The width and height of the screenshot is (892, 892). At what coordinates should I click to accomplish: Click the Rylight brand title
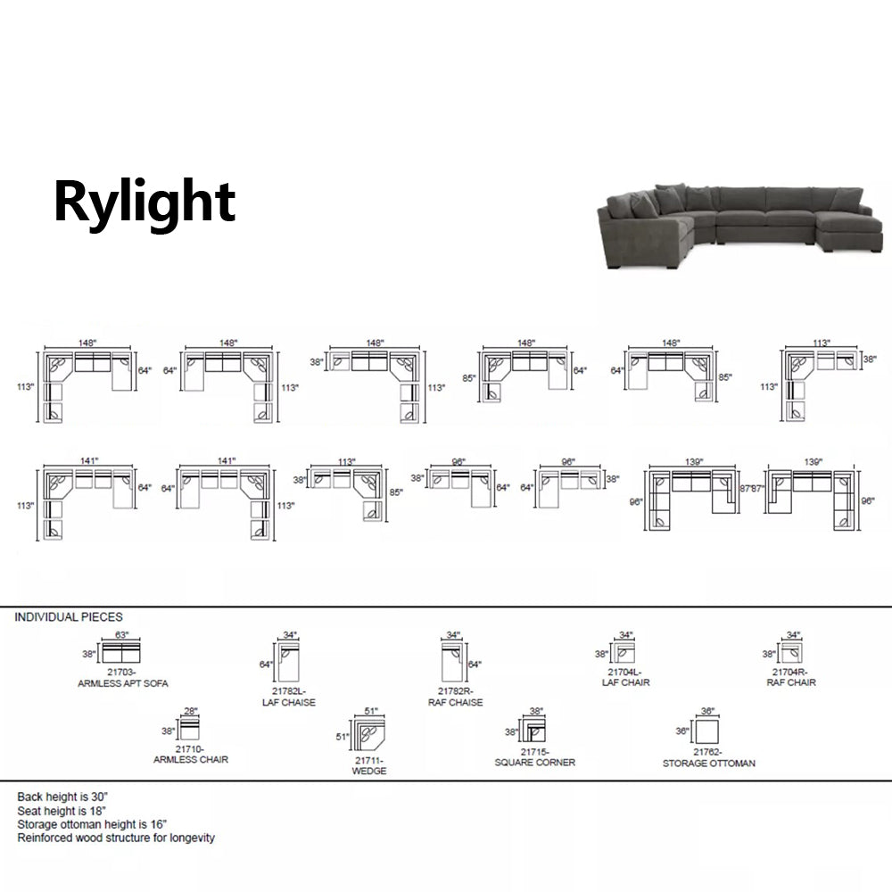click(x=145, y=202)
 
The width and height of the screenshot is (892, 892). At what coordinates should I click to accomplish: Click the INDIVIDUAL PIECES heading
click(x=69, y=616)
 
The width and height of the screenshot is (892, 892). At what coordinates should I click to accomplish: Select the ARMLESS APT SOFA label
click(x=123, y=682)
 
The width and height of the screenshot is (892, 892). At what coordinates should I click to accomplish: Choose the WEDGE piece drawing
click(x=371, y=735)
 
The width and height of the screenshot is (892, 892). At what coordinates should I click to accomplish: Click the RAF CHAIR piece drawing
click(x=792, y=653)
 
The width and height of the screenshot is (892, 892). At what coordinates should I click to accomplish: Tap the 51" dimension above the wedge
click(x=371, y=711)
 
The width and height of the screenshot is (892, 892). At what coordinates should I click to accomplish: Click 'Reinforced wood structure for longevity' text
click(x=116, y=838)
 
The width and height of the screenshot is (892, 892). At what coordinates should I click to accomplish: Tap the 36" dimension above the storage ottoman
click(x=708, y=711)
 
